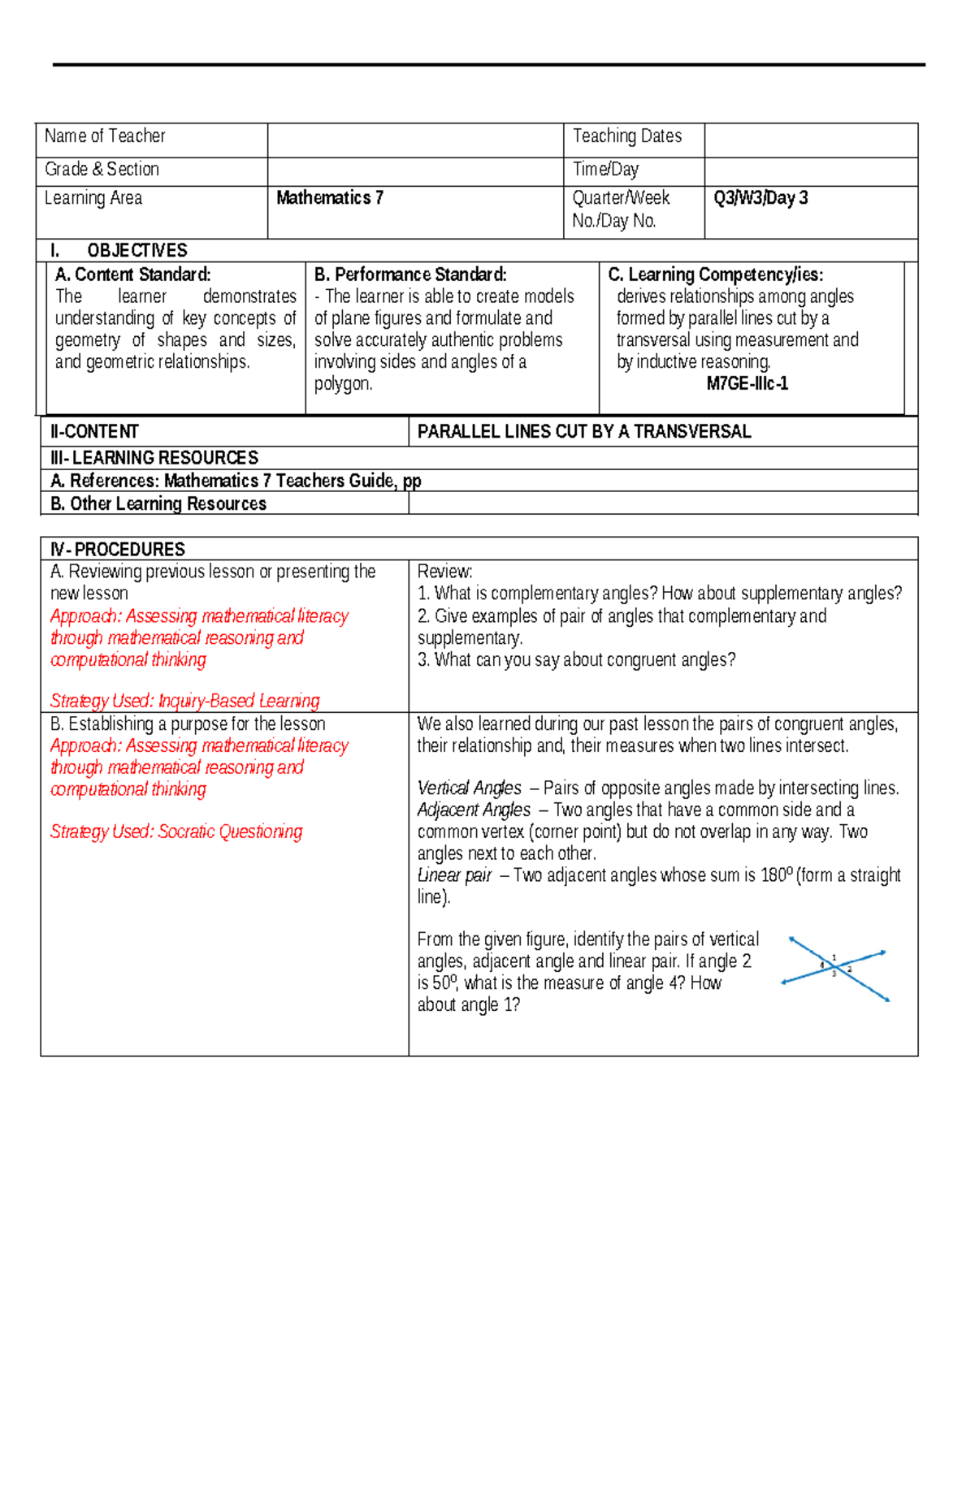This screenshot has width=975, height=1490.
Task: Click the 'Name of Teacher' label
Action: coord(105,136)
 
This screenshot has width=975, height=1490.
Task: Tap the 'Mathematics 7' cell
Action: coord(330,198)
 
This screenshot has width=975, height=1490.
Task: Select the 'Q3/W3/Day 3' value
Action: coord(760,198)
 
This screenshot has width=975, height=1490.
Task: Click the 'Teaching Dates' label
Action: coord(626,136)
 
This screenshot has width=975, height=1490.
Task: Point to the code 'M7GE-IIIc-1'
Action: coord(747,384)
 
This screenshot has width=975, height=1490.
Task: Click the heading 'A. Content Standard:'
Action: coord(132,274)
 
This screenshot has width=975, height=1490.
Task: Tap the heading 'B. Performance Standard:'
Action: coord(410,274)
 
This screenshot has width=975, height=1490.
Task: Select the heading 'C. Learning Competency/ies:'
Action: coord(715,274)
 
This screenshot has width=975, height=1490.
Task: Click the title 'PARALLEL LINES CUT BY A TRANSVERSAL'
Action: coord(583,432)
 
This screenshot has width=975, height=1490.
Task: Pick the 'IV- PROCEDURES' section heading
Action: coord(118,550)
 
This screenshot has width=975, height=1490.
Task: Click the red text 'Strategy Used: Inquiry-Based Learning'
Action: coord(184,701)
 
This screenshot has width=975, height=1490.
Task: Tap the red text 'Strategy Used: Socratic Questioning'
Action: coord(176,831)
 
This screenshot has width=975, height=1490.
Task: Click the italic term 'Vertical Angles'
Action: coord(469,788)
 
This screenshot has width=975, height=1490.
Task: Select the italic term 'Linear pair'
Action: coord(454,875)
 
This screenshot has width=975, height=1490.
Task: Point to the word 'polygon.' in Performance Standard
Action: coord(343,384)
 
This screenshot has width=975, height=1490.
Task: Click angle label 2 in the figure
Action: coord(850,969)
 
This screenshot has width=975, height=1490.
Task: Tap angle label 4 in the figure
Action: coord(821,965)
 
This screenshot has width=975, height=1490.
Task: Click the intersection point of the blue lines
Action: coord(836,966)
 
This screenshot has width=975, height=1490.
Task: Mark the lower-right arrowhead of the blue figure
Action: coord(887,1000)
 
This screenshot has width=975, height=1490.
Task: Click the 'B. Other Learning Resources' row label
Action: coord(158,504)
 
